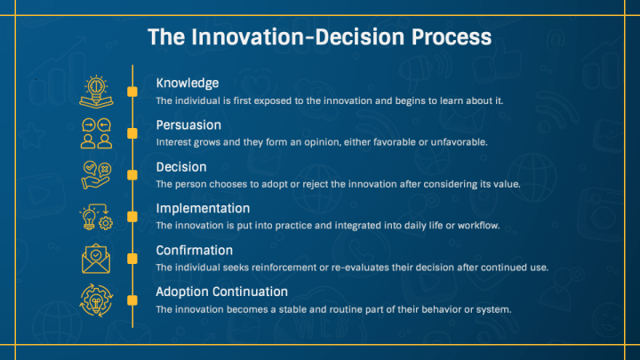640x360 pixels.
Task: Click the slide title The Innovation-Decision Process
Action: (319, 36)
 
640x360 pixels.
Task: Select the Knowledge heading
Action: (187, 84)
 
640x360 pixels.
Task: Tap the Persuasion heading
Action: (188, 125)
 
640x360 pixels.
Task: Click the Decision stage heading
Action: (181, 167)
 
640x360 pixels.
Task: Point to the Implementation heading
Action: (203, 209)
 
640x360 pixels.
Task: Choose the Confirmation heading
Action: (194, 251)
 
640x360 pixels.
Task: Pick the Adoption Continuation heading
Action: (221, 292)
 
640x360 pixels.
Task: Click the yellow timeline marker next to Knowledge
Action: (132, 92)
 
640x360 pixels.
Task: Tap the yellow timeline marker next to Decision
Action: (132, 175)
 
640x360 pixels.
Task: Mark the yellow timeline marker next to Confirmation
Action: (132, 259)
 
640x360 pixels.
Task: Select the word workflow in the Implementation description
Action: (476, 226)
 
